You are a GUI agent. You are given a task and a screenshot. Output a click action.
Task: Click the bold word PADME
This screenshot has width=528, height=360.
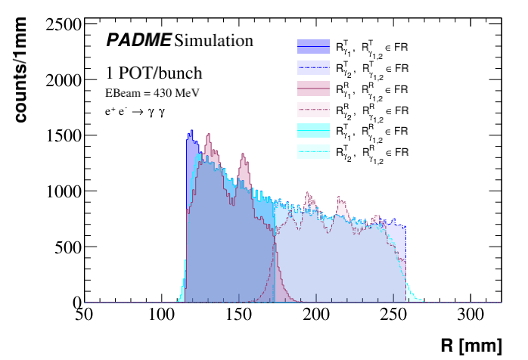coord(138,39)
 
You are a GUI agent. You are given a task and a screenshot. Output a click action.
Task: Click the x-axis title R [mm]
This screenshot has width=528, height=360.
coord(471,346)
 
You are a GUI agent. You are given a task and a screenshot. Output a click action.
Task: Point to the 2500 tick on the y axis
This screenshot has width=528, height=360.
coord(64,24)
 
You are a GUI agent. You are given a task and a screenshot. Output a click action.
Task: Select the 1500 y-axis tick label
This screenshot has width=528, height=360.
coord(64,135)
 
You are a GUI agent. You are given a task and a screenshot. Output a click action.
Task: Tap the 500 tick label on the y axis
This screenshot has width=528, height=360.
coord(68,247)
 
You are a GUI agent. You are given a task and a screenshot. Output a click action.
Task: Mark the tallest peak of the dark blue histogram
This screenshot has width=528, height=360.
coord(191,131)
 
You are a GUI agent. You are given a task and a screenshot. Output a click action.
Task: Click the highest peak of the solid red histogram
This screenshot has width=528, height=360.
coord(207,136)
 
